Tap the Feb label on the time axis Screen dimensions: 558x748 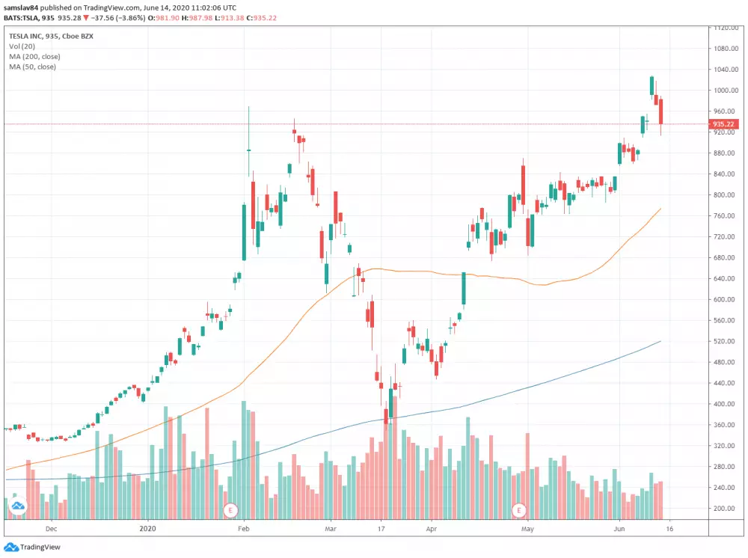[243, 529]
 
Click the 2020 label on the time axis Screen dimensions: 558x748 [148, 529]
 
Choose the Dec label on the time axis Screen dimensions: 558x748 [51, 529]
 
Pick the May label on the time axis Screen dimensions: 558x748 [527, 529]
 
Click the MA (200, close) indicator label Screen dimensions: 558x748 [34, 57]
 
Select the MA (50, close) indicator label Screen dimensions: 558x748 [32, 67]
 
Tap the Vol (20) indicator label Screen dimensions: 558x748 [22, 46]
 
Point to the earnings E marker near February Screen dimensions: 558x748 [230, 511]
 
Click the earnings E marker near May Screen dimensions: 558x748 [517, 511]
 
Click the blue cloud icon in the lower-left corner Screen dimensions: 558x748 [16, 508]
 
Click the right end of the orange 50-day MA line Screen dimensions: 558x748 [660, 209]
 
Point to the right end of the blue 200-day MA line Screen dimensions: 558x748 [660, 341]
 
